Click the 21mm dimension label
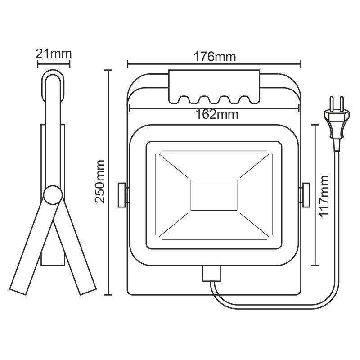(54, 54)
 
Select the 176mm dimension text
(215, 57)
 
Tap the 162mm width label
(215, 114)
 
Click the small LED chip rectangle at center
(214, 195)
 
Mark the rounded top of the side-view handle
(54, 76)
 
